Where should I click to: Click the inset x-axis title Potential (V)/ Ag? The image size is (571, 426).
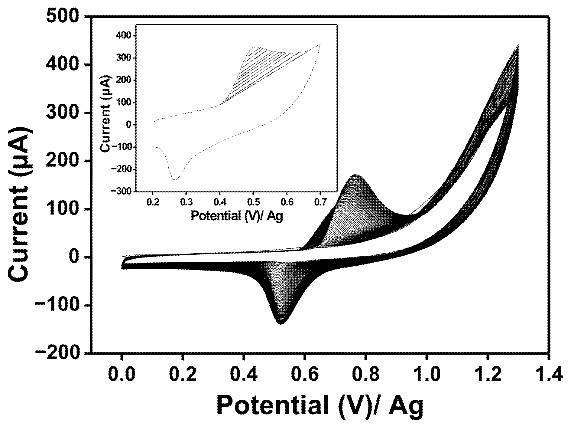point(237,216)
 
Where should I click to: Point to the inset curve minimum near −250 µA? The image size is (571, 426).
point(174,180)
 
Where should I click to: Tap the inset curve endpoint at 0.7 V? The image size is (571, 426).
point(320,44)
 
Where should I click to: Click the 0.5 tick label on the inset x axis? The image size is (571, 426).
point(253,202)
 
